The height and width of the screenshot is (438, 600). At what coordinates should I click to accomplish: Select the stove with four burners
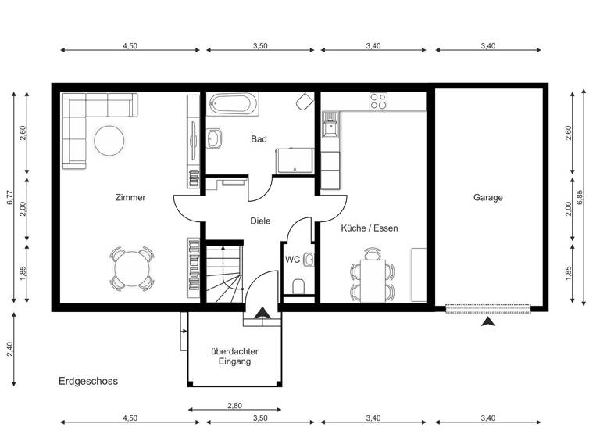point(378,101)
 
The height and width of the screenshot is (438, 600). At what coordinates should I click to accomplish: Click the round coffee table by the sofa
point(108,141)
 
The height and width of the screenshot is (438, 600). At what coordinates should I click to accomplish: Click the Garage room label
point(487,198)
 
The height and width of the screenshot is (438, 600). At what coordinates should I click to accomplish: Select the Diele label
point(260,221)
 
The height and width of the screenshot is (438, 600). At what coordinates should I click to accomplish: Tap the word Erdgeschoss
point(87,382)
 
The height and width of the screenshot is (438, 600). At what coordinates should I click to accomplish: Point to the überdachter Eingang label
point(235,357)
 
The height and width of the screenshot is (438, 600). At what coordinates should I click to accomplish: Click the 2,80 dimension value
point(235,405)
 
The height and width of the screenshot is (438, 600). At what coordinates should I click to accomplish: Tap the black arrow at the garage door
point(489,321)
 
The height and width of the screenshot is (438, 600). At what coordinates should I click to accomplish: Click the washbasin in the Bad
point(213,138)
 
